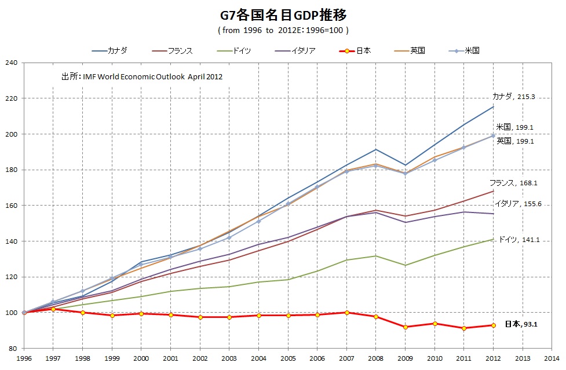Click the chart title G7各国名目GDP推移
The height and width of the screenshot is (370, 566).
click(283, 13)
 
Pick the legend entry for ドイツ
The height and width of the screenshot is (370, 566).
click(238, 50)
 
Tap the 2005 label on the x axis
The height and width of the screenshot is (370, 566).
click(288, 359)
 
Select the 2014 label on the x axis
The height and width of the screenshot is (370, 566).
click(552, 359)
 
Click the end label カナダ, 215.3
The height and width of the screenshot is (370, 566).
click(513, 97)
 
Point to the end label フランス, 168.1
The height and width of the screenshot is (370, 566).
click(513, 182)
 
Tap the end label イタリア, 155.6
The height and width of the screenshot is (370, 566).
click(518, 204)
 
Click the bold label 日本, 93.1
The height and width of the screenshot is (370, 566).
click(521, 324)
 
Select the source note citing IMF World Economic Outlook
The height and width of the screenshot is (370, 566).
click(142, 76)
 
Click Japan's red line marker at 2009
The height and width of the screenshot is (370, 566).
click(405, 327)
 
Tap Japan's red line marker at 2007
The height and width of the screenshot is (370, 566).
click(346, 313)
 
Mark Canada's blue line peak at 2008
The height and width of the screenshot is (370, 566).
click(376, 149)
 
